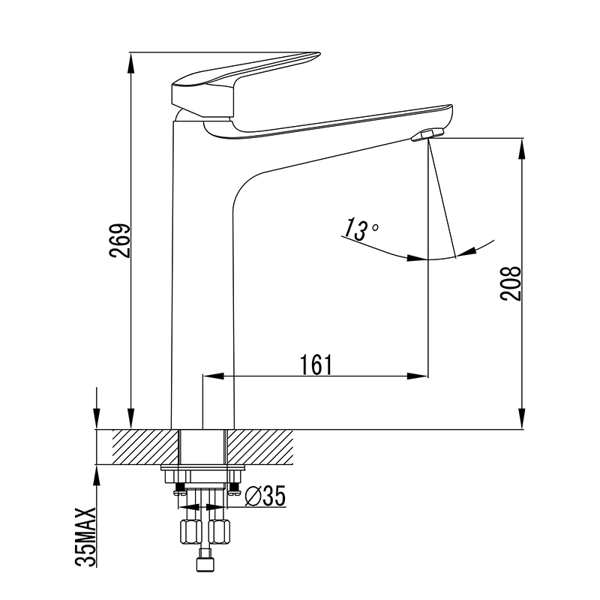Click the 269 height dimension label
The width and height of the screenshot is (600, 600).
click(120, 241)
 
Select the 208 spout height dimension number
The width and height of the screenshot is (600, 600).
click(511, 283)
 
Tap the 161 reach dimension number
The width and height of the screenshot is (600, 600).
click(316, 365)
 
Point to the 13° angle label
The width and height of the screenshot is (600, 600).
click(360, 230)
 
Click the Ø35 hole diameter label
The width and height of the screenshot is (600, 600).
click(265, 496)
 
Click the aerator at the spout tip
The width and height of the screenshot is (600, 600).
click(427, 135)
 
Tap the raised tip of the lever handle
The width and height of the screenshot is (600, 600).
click(316, 54)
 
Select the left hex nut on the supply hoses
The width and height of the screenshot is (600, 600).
click(190, 531)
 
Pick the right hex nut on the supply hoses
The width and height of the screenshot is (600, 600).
click(219, 531)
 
